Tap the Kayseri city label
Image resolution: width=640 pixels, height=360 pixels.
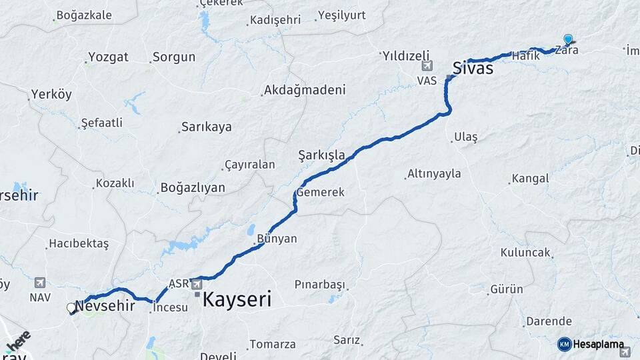(237, 300)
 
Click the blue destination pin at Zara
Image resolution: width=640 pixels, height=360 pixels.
(568, 39)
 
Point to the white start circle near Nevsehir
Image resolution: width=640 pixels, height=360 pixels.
(71, 308)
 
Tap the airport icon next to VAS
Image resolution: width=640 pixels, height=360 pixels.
(427, 66)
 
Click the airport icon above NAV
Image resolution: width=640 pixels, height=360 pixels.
(40, 282)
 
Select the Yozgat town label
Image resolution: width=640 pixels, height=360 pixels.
(108, 57)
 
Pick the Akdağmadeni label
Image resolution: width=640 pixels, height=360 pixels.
(305, 90)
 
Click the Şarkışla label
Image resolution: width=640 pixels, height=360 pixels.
(321, 156)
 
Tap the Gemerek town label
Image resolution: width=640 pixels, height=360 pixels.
(320, 192)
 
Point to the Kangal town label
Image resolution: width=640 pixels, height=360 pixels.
(530, 179)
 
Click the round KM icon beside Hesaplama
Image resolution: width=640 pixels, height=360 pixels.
(565, 344)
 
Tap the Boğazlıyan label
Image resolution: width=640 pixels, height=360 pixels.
(192, 188)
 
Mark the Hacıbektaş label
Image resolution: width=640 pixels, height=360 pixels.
(79, 244)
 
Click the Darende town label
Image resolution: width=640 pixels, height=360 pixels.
(549, 321)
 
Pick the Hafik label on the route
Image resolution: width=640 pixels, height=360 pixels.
(525, 57)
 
